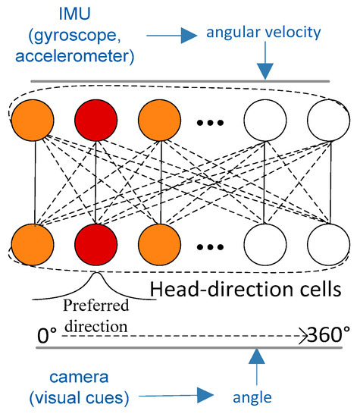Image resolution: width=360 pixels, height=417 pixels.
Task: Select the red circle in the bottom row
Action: point(93,247)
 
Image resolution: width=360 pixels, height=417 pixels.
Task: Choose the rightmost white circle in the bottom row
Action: point(328,247)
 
